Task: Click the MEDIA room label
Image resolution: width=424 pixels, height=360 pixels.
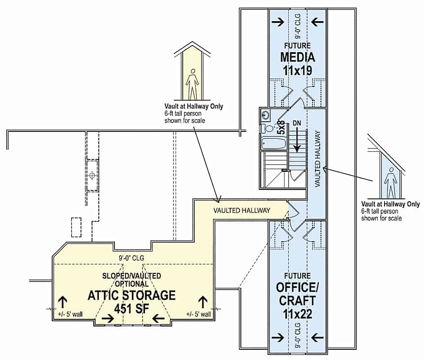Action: tap(297, 57)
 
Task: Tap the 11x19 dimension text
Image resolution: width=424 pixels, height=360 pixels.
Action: tap(297, 70)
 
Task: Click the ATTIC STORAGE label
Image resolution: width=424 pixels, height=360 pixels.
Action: tap(131, 295)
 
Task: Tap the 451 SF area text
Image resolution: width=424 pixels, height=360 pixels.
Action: tap(131, 308)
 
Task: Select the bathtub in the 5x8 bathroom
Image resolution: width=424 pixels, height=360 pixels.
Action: tap(273, 143)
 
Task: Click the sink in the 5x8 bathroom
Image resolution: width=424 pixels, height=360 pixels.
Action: tap(266, 114)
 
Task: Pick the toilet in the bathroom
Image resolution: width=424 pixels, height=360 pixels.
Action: tap(269, 128)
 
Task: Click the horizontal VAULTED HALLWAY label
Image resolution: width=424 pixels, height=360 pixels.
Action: tap(242, 210)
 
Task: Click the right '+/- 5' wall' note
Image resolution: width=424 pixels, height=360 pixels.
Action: tap(198, 314)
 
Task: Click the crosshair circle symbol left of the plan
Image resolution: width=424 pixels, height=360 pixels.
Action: tap(92, 175)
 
